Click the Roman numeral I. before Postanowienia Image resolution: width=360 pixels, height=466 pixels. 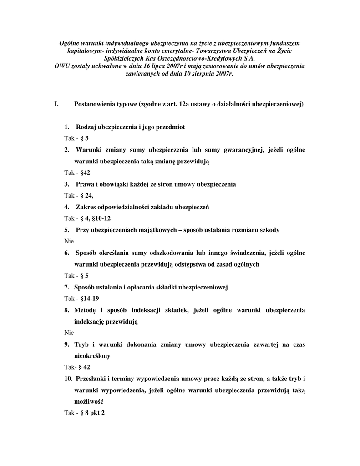56,104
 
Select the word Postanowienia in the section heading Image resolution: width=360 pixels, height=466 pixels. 94,104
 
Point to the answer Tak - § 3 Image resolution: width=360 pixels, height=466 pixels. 76,138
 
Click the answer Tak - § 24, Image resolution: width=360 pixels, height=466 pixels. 78,196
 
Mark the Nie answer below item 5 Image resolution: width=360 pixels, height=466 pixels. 69,241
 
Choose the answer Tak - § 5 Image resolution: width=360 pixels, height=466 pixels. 76,276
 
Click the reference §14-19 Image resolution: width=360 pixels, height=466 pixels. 90,299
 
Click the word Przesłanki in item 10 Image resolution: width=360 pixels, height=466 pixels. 92,379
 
